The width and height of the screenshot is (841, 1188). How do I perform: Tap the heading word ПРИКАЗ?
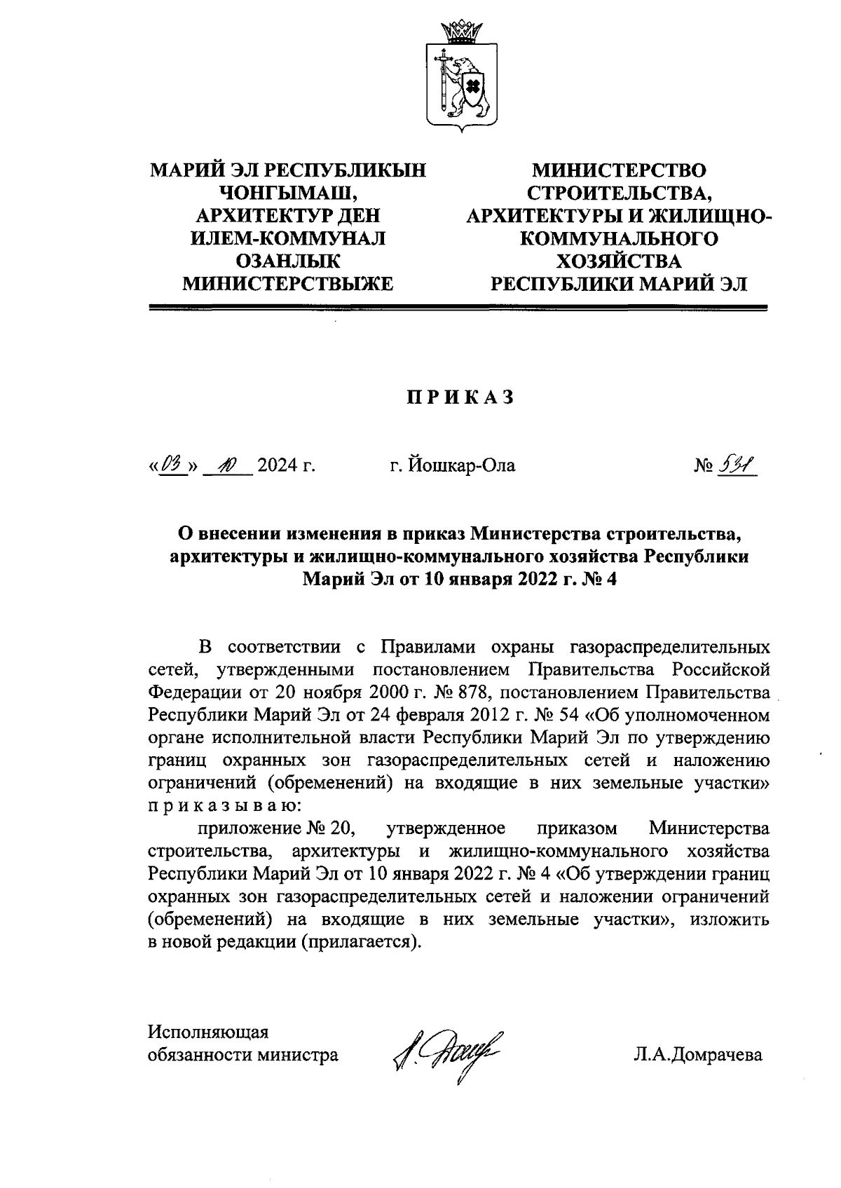(x=460, y=397)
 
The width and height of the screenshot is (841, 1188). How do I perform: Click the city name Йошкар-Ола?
(x=453, y=465)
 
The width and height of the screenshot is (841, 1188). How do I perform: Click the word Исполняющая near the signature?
(x=209, y=1032)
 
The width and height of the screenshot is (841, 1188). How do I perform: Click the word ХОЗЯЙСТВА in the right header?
(x=618, y=261)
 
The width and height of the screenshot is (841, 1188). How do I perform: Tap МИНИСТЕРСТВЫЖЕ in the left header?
(x=288, y=284)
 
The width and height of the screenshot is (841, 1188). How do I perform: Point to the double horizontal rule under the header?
(x=460, y=307)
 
